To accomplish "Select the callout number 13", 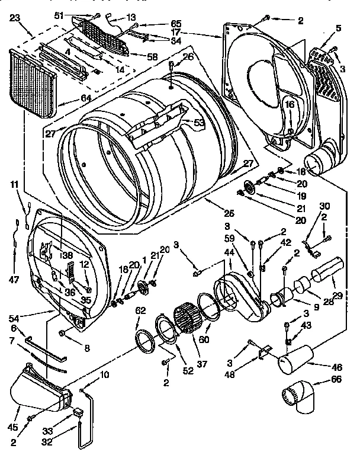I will click(x=131, y=17).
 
